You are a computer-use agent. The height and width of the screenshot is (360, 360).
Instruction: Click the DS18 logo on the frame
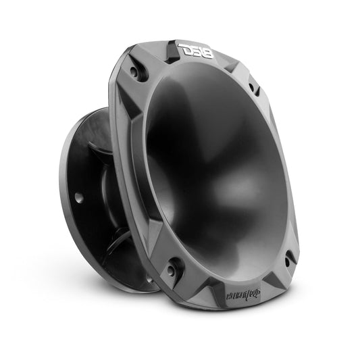tap(195, 49)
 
